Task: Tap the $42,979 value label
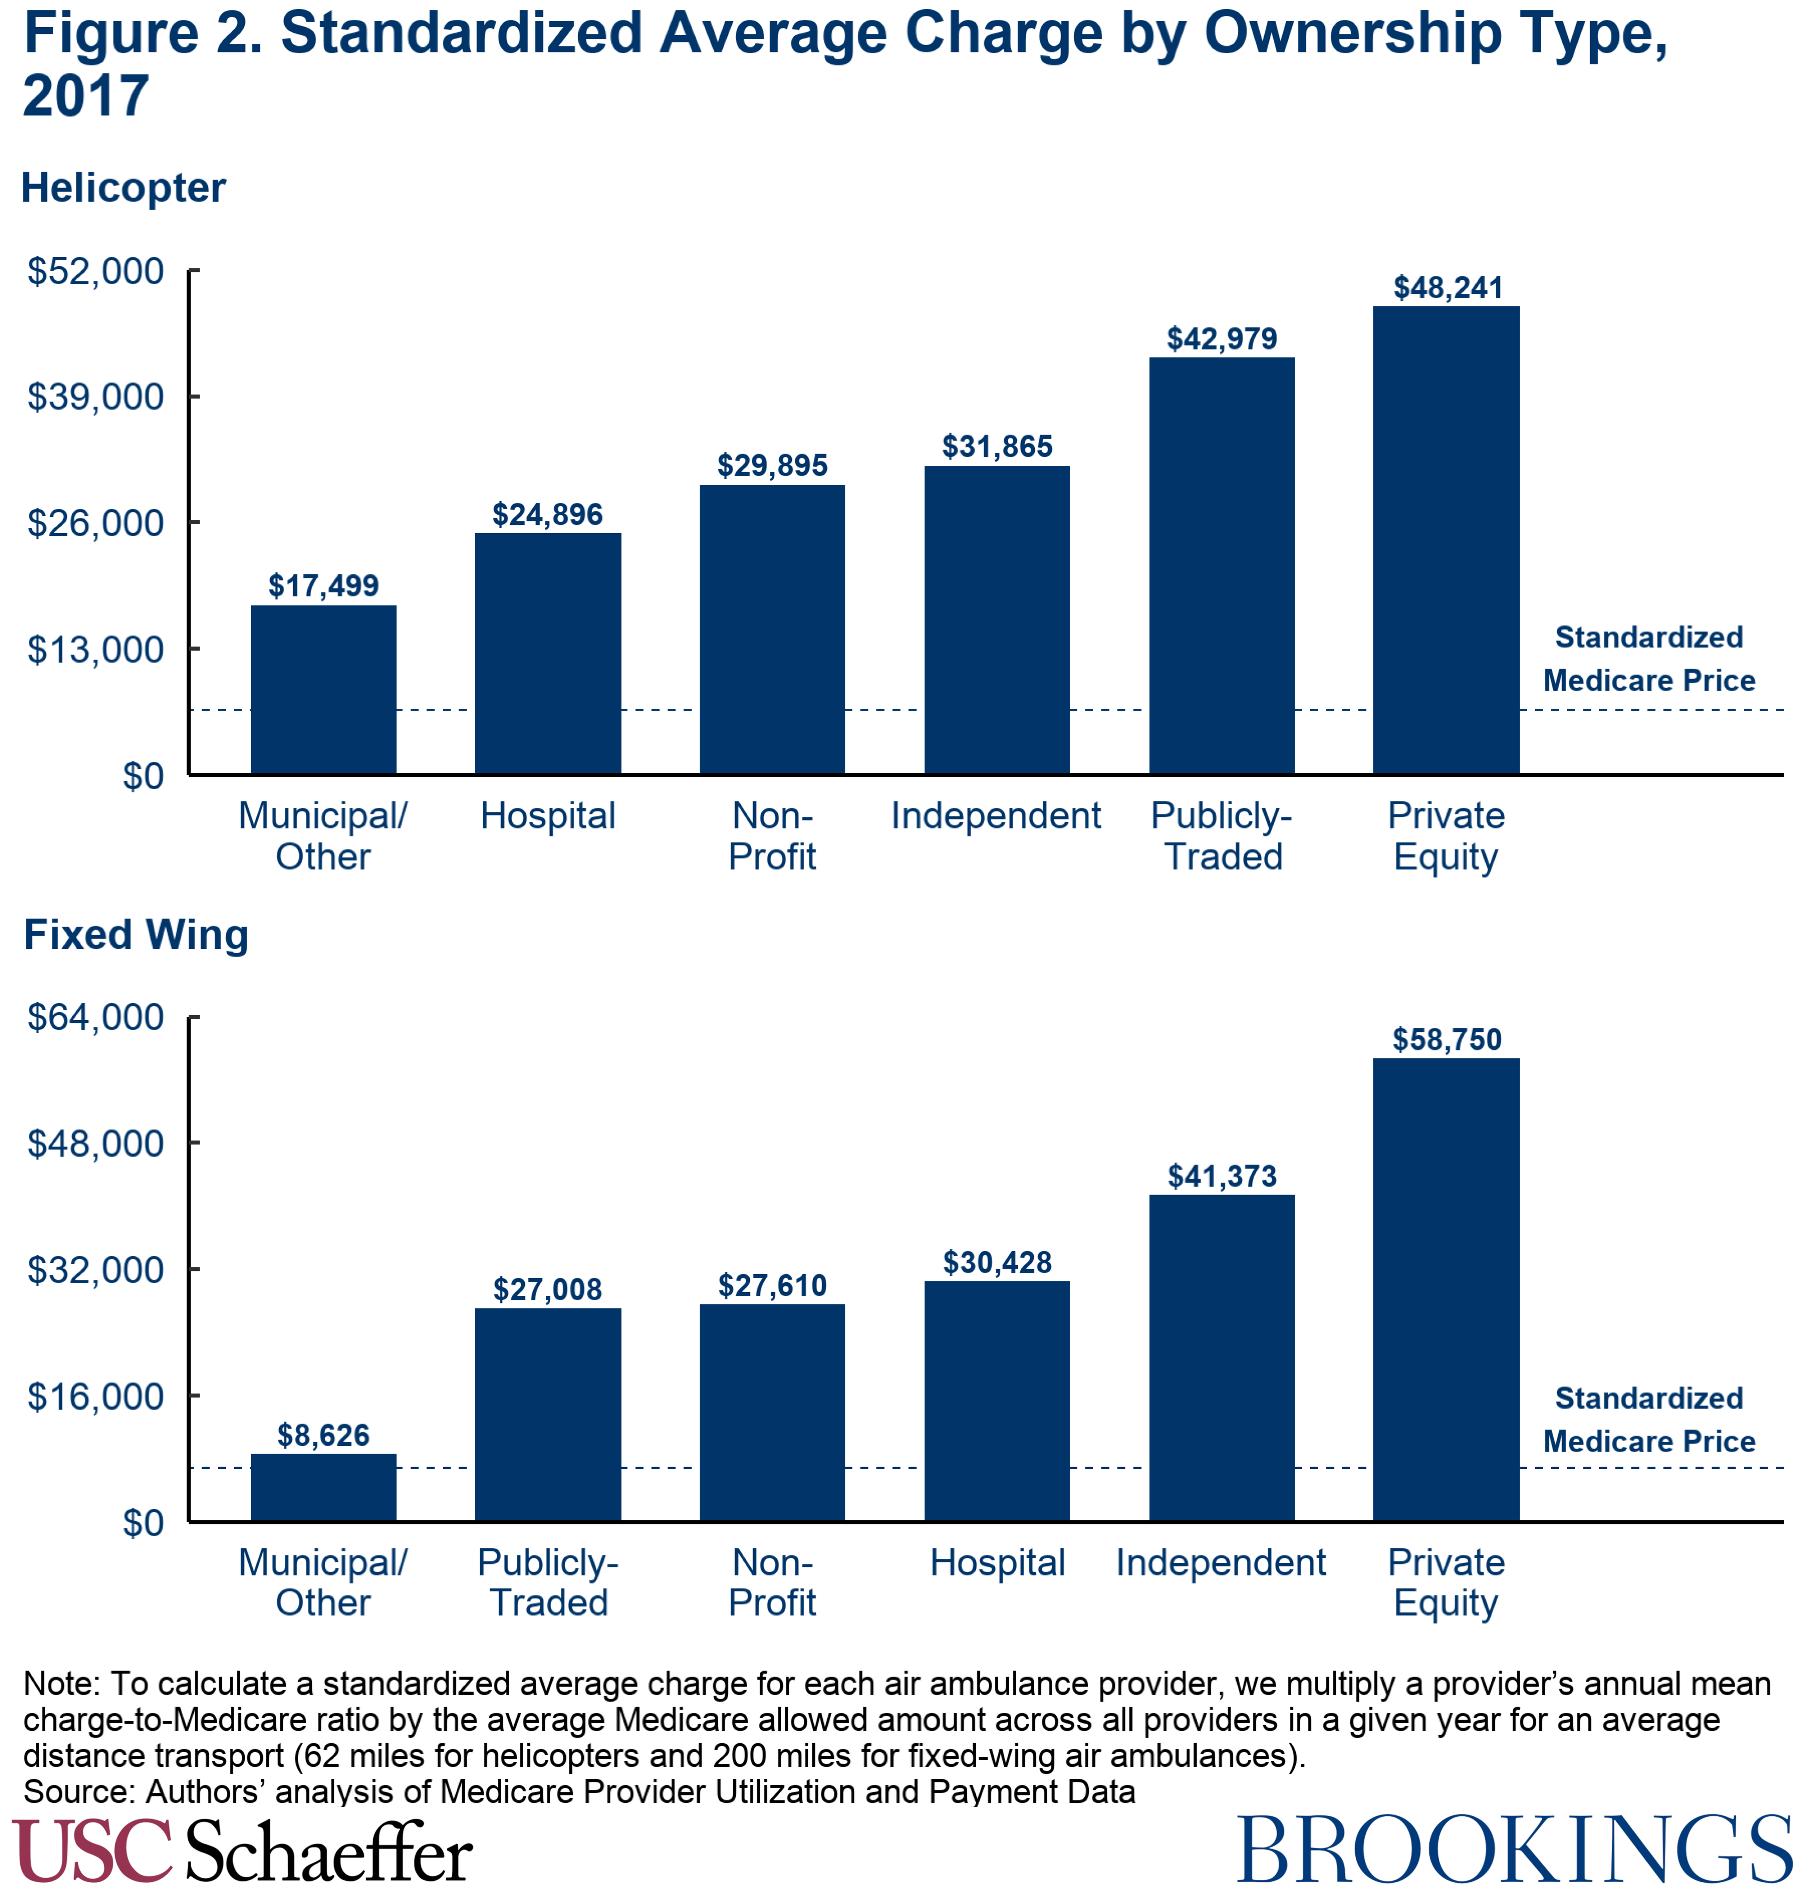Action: point(1222,339)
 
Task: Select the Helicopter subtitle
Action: point(123,188)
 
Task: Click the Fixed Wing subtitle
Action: point(136,934)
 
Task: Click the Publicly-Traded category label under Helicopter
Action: point(1222,835)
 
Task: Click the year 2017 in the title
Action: point(86,96)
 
